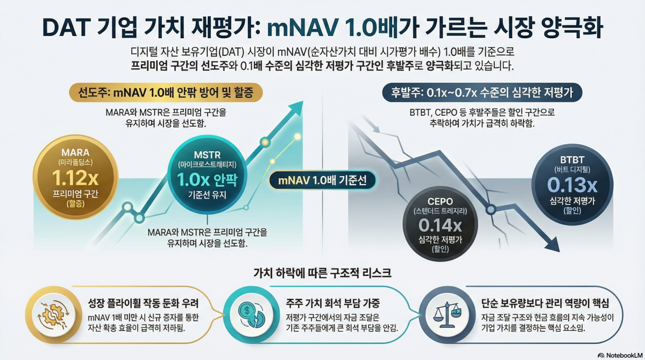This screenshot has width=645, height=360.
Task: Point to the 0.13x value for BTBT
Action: (x=572, y=185)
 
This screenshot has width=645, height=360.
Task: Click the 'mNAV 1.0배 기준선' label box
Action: (x=323, y=181)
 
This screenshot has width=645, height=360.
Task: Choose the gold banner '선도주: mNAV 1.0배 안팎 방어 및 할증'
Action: (x=166, y=92)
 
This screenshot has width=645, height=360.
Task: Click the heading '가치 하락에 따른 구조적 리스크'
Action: (x=322, y=272)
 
